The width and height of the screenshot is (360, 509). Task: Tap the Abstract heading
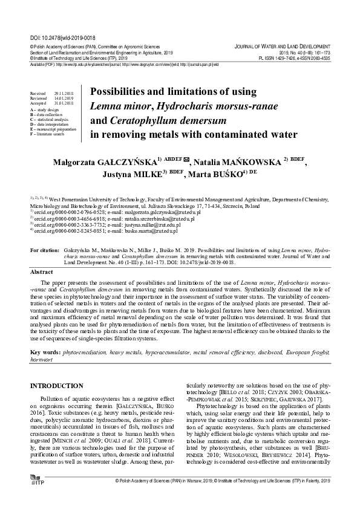(x=42, y=273)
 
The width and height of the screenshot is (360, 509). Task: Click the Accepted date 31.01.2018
(x=63, y=104)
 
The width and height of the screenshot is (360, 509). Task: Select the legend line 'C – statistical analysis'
(x=53, y=120)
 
